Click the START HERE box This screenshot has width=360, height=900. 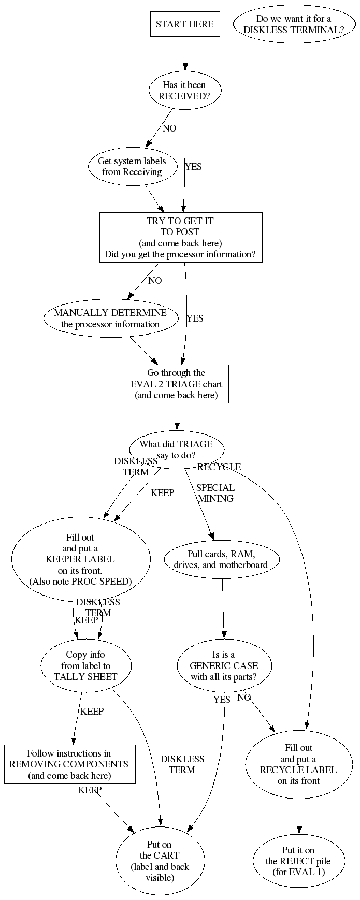185,24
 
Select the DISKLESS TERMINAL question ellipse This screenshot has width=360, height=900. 294,24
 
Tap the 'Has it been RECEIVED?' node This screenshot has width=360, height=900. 184,91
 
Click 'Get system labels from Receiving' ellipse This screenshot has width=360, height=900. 132,166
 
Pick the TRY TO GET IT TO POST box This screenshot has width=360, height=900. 180,238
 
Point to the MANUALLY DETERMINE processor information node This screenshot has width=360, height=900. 110,318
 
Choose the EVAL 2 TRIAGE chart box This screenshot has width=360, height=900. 176,384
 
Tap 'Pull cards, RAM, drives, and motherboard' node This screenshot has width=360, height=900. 222,559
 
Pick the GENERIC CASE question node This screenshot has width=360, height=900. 224,665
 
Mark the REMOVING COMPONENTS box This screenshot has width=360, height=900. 69,764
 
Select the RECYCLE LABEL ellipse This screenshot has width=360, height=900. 298,764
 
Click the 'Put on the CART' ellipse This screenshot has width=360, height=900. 160,861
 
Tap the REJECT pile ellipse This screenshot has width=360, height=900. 298,861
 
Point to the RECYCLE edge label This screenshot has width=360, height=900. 219,467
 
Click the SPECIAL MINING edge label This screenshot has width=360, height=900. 215,493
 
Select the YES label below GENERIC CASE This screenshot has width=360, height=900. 222,700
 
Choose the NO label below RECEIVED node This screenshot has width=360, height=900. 169,128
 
